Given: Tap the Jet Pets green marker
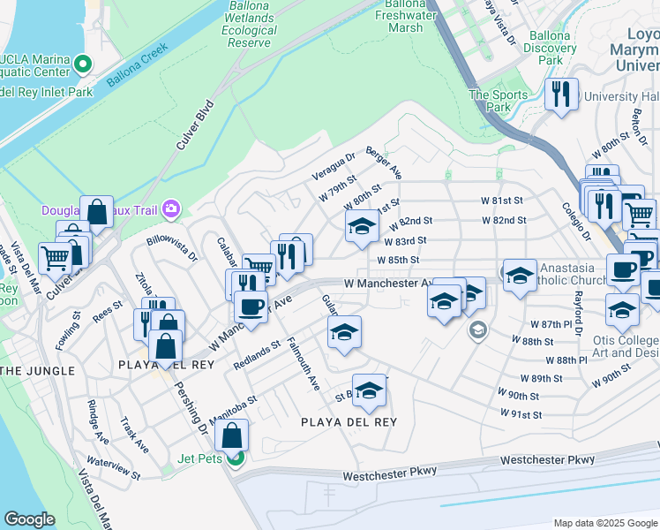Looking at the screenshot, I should point(234,458).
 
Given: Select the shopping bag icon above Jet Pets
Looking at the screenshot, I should point(231,435).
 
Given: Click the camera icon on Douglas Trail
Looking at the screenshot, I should point(171,209).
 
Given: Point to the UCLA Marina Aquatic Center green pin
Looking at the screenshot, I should point(83,64).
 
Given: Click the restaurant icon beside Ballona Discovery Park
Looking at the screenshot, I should point(560,95).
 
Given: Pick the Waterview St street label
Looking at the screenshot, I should point(114,468).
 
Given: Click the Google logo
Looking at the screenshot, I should point(29,519).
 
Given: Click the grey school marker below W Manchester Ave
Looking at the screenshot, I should point(477,331).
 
